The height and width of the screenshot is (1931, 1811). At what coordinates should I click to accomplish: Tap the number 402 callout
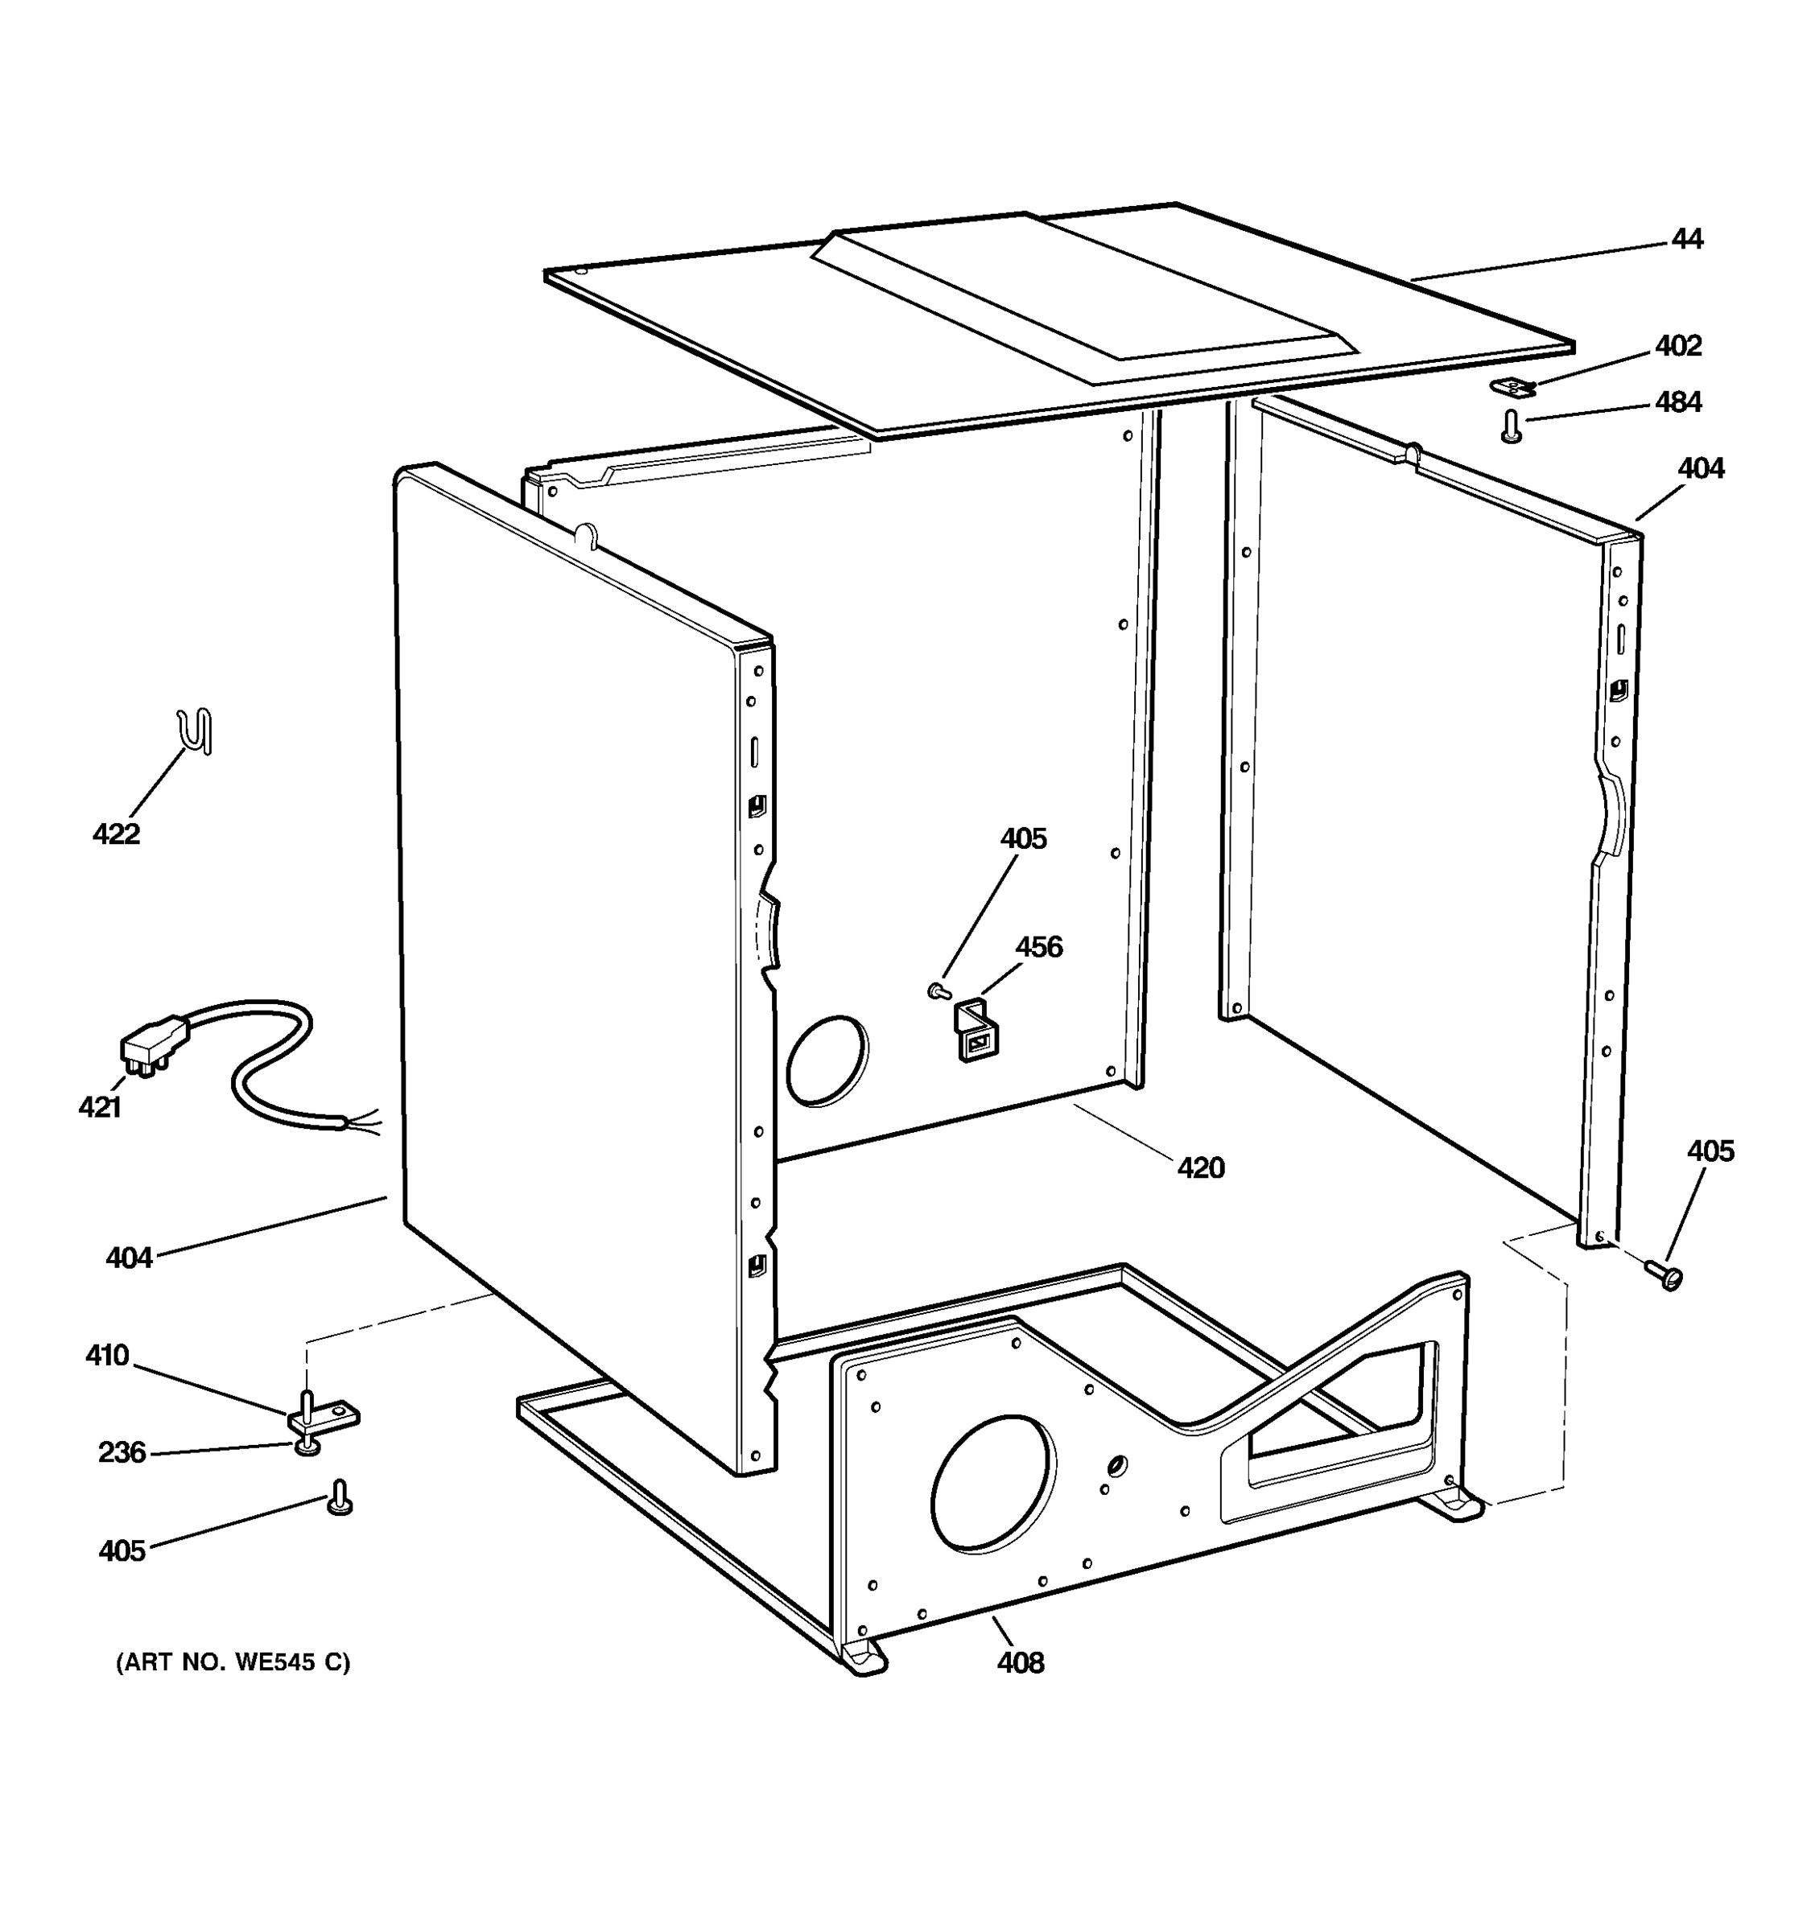tap(1678, 346)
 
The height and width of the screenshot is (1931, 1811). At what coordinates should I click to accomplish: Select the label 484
tap(1678, 402)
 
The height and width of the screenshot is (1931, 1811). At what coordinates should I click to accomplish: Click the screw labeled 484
tap(1511, 426)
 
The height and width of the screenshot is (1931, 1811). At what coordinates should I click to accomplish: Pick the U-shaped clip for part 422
tap(197, 731)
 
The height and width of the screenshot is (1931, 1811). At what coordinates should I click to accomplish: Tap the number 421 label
tap(99, 1106)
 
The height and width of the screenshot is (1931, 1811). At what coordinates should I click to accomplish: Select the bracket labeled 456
tap(976, 1032)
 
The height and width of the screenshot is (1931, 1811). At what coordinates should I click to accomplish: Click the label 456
tap(1038, 946)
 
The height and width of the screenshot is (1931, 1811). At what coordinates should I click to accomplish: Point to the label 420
tap(1201, 1167)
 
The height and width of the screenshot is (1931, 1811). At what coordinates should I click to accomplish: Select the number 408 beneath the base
tap(1020, 1663)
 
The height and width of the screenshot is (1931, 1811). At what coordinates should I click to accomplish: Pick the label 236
tap(122, 1453)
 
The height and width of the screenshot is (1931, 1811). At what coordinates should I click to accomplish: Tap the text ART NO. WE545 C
tap(233, 1662)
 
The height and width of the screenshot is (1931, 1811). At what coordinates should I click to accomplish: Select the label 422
tap(117, 834)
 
